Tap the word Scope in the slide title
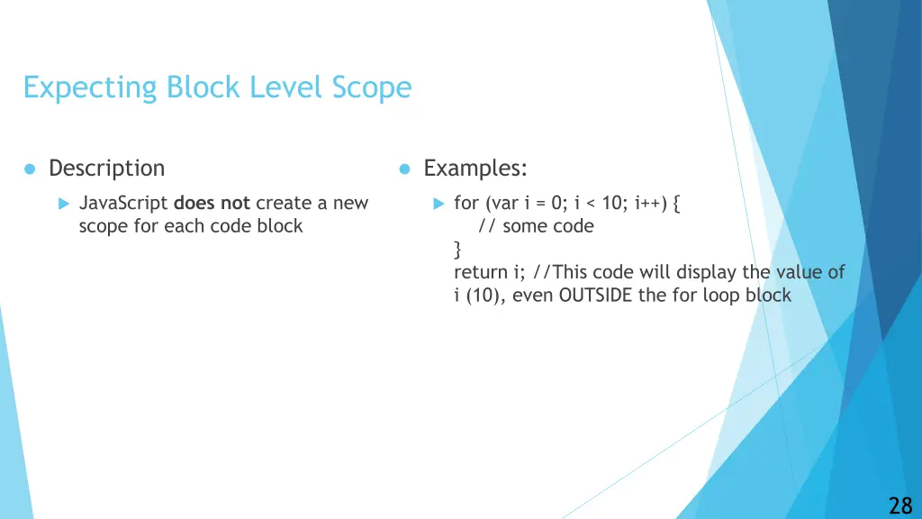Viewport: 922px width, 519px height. coord(371,87)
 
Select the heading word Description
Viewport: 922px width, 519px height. coord(106,168)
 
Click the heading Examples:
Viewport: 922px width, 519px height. coord(475,168)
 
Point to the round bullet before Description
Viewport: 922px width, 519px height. coord(30,169)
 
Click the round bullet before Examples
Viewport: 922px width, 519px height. coord(405,169)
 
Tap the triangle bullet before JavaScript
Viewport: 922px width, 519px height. coord(63,204)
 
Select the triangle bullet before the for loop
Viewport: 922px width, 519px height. coord(438,204)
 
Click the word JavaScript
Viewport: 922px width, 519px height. coord(123,204)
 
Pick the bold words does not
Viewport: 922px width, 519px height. coord(212,204)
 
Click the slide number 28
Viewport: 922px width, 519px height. coord(899,505)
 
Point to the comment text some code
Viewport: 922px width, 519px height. coord(547,226)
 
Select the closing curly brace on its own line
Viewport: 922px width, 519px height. coord(458,249)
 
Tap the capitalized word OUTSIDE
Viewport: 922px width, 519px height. coord(596,295)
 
